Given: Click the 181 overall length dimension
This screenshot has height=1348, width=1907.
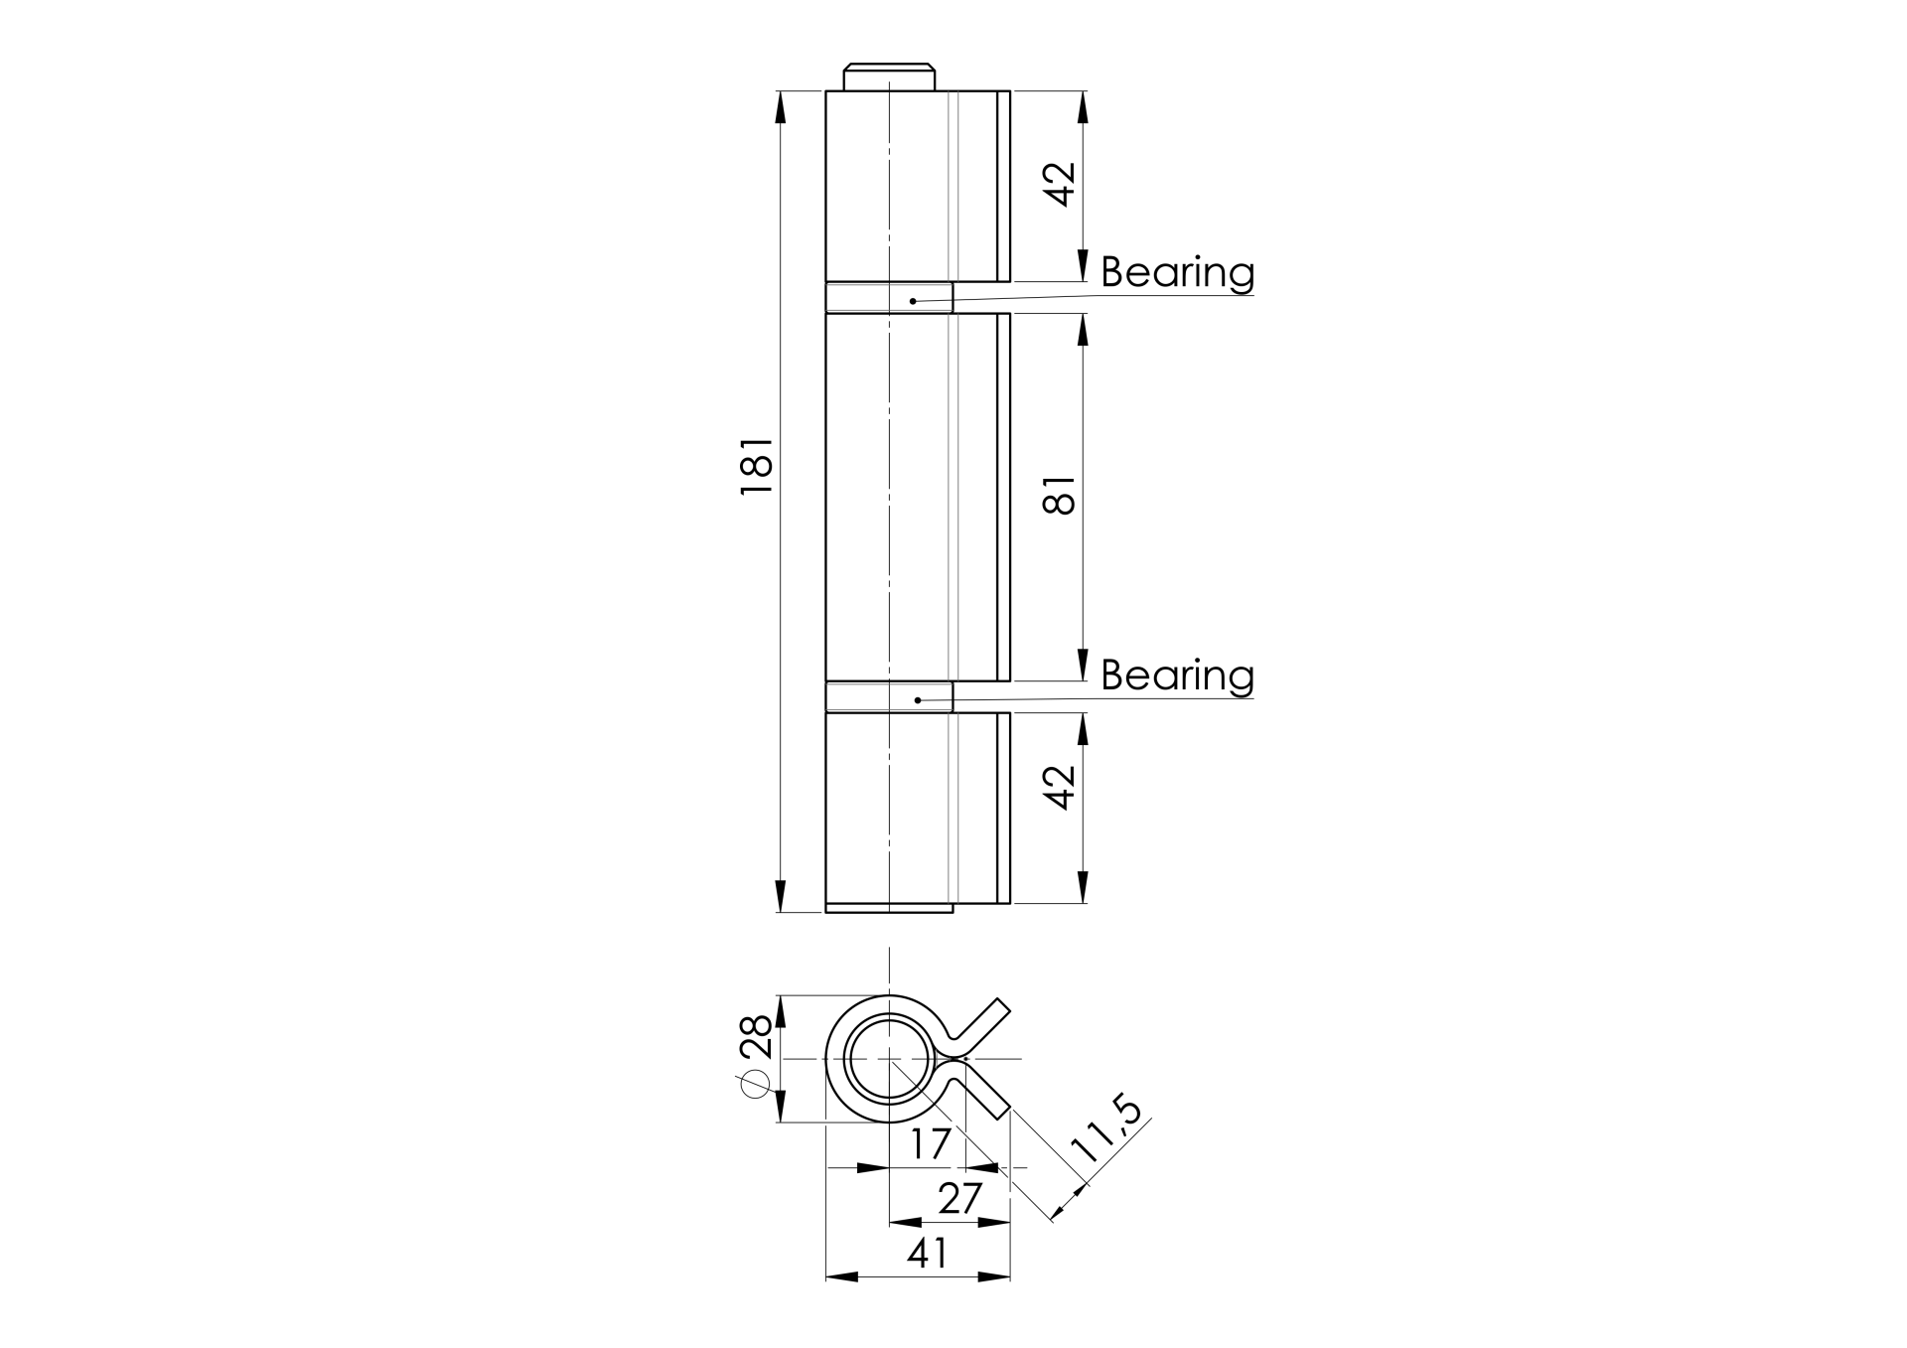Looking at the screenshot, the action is tap(756, 466).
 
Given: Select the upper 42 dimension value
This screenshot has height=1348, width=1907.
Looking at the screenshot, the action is tap(1061, 184).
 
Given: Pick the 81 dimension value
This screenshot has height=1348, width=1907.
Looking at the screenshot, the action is tap(1060, 495).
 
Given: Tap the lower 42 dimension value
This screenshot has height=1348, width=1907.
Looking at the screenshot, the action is tap(1061, 787).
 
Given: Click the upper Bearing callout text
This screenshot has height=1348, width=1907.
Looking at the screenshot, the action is tap(1177, 272).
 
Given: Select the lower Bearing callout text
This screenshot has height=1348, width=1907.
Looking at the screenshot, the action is tap(1177, 675).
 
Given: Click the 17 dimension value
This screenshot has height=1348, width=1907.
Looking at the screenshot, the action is tap(931, 1144).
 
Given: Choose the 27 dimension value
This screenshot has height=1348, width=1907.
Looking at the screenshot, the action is tap(959, 1199).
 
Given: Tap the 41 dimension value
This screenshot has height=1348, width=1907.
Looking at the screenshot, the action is tap(928, 1254).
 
